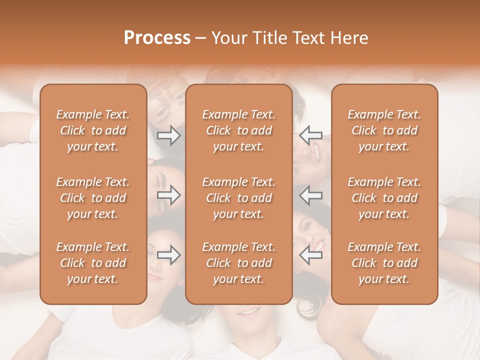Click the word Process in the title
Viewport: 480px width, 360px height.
tap(157, 38)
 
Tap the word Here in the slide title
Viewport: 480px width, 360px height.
tap(348, 38)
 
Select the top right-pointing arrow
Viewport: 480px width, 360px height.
tap(169, 135)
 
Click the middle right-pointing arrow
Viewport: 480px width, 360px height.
tap(169, 195)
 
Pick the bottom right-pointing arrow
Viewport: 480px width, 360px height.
tap(169, 255)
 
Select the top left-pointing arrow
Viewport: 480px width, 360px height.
tap(311, 135)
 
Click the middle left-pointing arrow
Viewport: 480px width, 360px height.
tap(311, 195)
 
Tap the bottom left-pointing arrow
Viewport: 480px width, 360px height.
tap(311, 255)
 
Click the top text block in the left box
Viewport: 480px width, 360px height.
tap(93, 130)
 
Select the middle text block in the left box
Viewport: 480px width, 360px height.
tap(93, 198)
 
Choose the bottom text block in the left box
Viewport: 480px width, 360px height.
tap(93, 263)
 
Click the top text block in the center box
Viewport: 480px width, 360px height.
tap(239, 130)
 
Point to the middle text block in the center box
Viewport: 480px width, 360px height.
tap(239, 198)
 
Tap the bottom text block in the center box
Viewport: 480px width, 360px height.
tap(239, 263)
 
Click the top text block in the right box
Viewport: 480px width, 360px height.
tap(384, 130)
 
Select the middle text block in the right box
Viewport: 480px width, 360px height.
tap(384, 198)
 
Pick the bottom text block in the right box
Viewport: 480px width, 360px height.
tap(384, 263)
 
